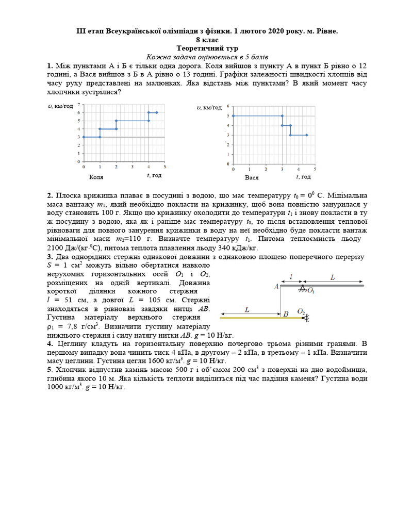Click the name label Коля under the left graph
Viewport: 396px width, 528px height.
[x=96, y=177]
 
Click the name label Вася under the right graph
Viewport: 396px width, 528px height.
[x=252, y=177]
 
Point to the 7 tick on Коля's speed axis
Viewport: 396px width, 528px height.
[x=78, y=105]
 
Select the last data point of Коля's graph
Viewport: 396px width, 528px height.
[x=157, y=112]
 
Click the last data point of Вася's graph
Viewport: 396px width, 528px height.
[x=307, y=135]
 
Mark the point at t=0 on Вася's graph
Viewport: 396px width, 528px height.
[x=233, y=116]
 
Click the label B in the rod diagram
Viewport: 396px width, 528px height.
[x=285, y=313]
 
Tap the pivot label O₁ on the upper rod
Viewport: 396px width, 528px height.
[x=310, y=291]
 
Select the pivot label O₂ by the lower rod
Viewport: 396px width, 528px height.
[x=301, y=311]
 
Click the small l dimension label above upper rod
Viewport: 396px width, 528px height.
[x=291, y=277]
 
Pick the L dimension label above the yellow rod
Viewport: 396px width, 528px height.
[x=247, y=309]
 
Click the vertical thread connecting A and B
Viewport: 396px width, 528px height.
[x=280, y=302]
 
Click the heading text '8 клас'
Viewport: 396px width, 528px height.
[x=197, y=40]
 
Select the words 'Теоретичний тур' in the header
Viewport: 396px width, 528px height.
[x=197, y=48]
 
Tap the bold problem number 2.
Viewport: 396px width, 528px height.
[x=49, y=196]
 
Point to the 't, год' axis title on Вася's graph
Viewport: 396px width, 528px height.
[x=303, y=177]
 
